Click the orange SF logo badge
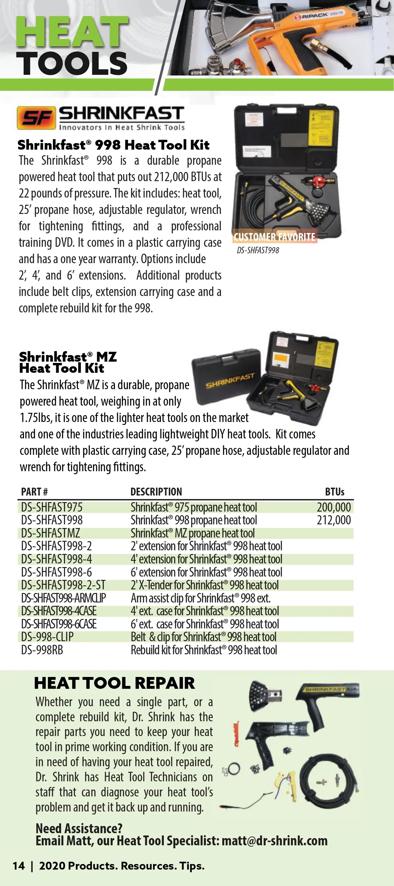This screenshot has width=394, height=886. click(x=36, y=117)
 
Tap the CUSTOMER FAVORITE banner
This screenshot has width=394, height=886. click(x=274, y=237)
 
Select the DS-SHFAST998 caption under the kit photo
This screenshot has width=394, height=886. click(x=258, y=250)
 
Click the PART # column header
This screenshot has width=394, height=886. click(x=34, y=492)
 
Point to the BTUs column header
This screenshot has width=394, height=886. click(x=335, y=492)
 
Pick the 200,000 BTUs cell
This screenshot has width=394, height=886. click(x=334, y=507)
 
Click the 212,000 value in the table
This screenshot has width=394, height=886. click(x=334, y=520)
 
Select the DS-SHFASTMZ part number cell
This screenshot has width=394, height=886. click(x=51, y=533)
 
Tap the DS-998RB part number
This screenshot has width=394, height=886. click(x=42, y=650)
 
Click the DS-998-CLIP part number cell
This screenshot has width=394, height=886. click(x=48, y=637)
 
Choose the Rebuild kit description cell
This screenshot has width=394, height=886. click(x=204, y=650)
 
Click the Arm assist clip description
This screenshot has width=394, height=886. click(x=200, y=598)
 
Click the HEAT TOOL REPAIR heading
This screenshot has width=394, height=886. click(x=114, y=683)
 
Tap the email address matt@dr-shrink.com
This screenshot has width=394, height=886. click(x=274, y=841)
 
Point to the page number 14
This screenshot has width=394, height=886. click(x=19, y=866)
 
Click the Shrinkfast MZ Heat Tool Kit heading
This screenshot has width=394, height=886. click(x=68, y=362)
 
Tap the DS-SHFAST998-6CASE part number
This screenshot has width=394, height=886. click(x=59, y=624)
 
